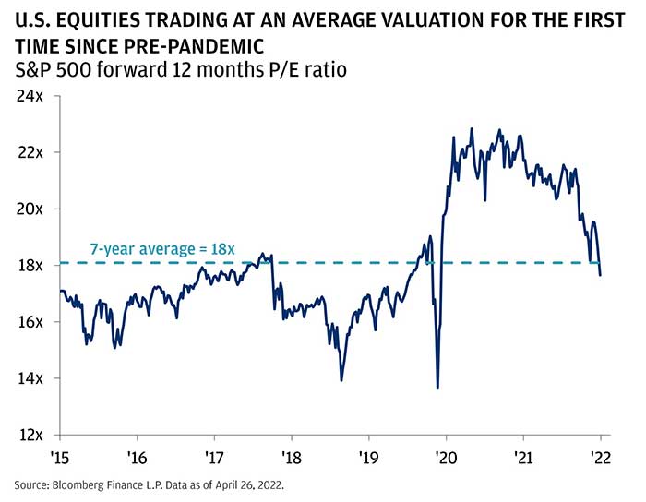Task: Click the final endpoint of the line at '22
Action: point(601,275)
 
